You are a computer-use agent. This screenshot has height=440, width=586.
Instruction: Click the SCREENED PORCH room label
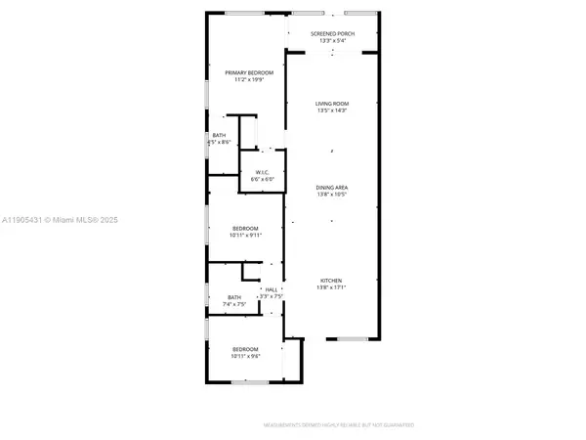click(332, 34)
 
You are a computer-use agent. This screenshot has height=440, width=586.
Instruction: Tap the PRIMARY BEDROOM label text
click(249, 73)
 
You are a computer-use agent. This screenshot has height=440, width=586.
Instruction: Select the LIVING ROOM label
click(332, 104)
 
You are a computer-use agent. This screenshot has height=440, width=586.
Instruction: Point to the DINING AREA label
click(332, 187)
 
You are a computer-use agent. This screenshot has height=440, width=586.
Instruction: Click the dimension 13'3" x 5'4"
click(332, 41)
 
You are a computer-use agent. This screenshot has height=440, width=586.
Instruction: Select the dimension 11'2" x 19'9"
click(249, 80)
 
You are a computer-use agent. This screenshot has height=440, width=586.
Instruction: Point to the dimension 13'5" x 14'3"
click(332, 110)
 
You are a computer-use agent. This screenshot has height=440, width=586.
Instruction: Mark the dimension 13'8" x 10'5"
click(332, 194)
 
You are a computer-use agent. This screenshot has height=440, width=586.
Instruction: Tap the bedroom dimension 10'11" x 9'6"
click(245, 357)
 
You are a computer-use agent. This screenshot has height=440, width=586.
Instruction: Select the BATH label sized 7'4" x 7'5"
click(234, 297)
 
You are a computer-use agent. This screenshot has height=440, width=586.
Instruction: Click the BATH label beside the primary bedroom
click(220, 136)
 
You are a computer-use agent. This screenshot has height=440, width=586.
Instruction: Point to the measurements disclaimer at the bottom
click(338, 425)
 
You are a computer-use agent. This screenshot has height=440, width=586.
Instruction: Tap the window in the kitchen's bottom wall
click(352, 339)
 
